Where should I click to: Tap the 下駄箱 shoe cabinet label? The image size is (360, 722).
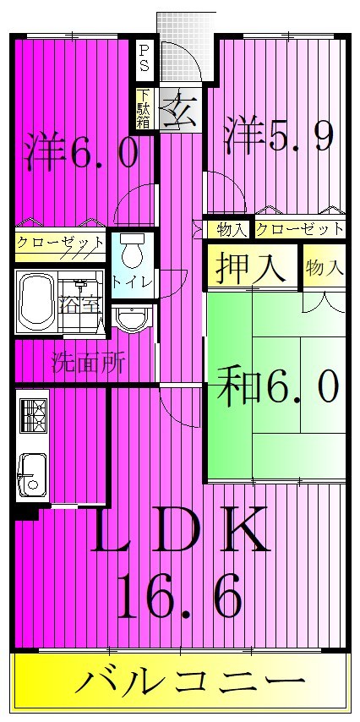pos(145,109)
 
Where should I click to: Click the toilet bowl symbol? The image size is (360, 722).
pos(131,252)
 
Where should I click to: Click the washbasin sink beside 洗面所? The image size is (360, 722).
pos(133,318)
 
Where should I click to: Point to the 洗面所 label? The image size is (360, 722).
pos(89,364)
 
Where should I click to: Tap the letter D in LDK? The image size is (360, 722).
pos(179,531)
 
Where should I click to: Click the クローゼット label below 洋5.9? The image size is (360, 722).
pos(299,229)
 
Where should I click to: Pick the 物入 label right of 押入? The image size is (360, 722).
pos(325,268)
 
